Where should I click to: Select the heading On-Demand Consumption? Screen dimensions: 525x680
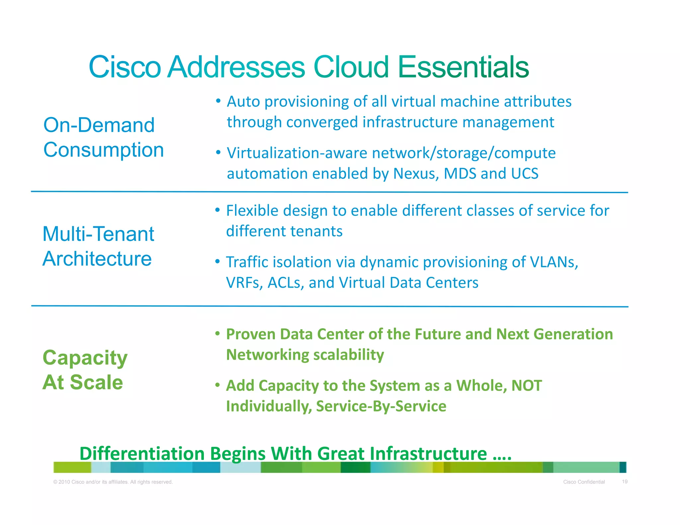[x=104, y=137]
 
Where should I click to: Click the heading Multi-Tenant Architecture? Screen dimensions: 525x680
[x=98, y=246]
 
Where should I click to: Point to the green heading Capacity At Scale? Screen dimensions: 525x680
[x=85, y=370]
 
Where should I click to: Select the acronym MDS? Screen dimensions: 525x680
[x=460, y=174]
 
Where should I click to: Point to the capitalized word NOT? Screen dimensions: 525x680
[x=527, y=386]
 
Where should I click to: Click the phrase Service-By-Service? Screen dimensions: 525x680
[x=381, y=406]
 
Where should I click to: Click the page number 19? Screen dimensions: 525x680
[x=625, y=482]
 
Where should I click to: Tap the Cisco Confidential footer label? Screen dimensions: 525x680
[x=584, y=482]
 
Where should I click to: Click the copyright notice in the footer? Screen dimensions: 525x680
[x=113, y=482]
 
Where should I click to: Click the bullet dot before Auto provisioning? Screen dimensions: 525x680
[x=218, y=101]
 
